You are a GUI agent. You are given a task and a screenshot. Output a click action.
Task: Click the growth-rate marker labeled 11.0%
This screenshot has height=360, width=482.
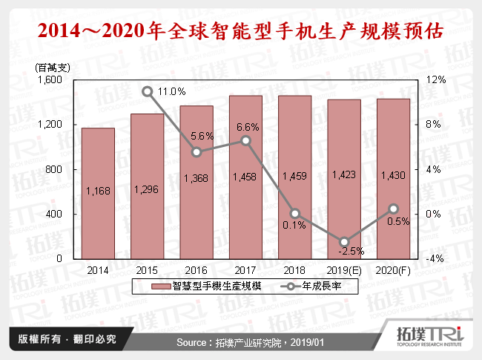tap(147, 92)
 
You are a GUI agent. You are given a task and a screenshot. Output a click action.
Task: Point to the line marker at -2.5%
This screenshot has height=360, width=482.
tap(343, 242)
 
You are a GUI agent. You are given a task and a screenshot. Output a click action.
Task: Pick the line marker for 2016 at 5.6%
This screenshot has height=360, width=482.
tap(197, 152)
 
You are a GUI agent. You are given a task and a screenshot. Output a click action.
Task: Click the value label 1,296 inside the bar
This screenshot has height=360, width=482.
tap(147, 189)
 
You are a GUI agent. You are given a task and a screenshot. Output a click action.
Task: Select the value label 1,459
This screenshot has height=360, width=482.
tap(294, 176)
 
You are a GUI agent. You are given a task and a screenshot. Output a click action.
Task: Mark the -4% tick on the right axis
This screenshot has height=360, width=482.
tap(436, 258)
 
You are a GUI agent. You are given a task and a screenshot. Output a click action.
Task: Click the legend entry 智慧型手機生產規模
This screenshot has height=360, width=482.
tap(204, 285)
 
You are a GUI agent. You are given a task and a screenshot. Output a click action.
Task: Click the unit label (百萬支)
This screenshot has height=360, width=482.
tap(52, 68)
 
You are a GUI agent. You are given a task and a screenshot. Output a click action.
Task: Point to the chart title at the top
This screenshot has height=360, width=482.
tap(241, 32)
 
